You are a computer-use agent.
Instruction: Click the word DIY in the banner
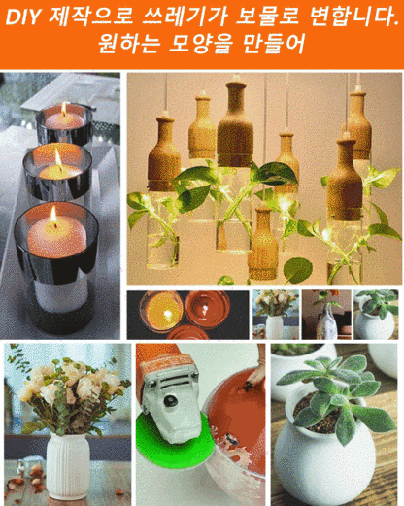(x=23, y=17)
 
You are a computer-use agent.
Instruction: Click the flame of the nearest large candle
(x=53, y=215)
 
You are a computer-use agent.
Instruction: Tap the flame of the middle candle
(x=58, y=158)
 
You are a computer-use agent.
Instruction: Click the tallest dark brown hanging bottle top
(x=235, y=124)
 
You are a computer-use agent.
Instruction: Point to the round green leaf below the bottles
(x=298, y=270)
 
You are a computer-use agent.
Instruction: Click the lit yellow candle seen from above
(x=163, y=311)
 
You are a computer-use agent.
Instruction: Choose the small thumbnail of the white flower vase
(x=276, y=315)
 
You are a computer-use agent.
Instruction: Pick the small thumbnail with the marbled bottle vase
(x=326, y=315)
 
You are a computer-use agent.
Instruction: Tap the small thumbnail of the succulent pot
(x=376, y=315)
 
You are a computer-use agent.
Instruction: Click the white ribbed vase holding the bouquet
(x=67, y=465)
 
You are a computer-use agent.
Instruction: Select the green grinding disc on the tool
(x=174, y=440)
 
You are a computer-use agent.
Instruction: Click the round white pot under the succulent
(x=323, y=459)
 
